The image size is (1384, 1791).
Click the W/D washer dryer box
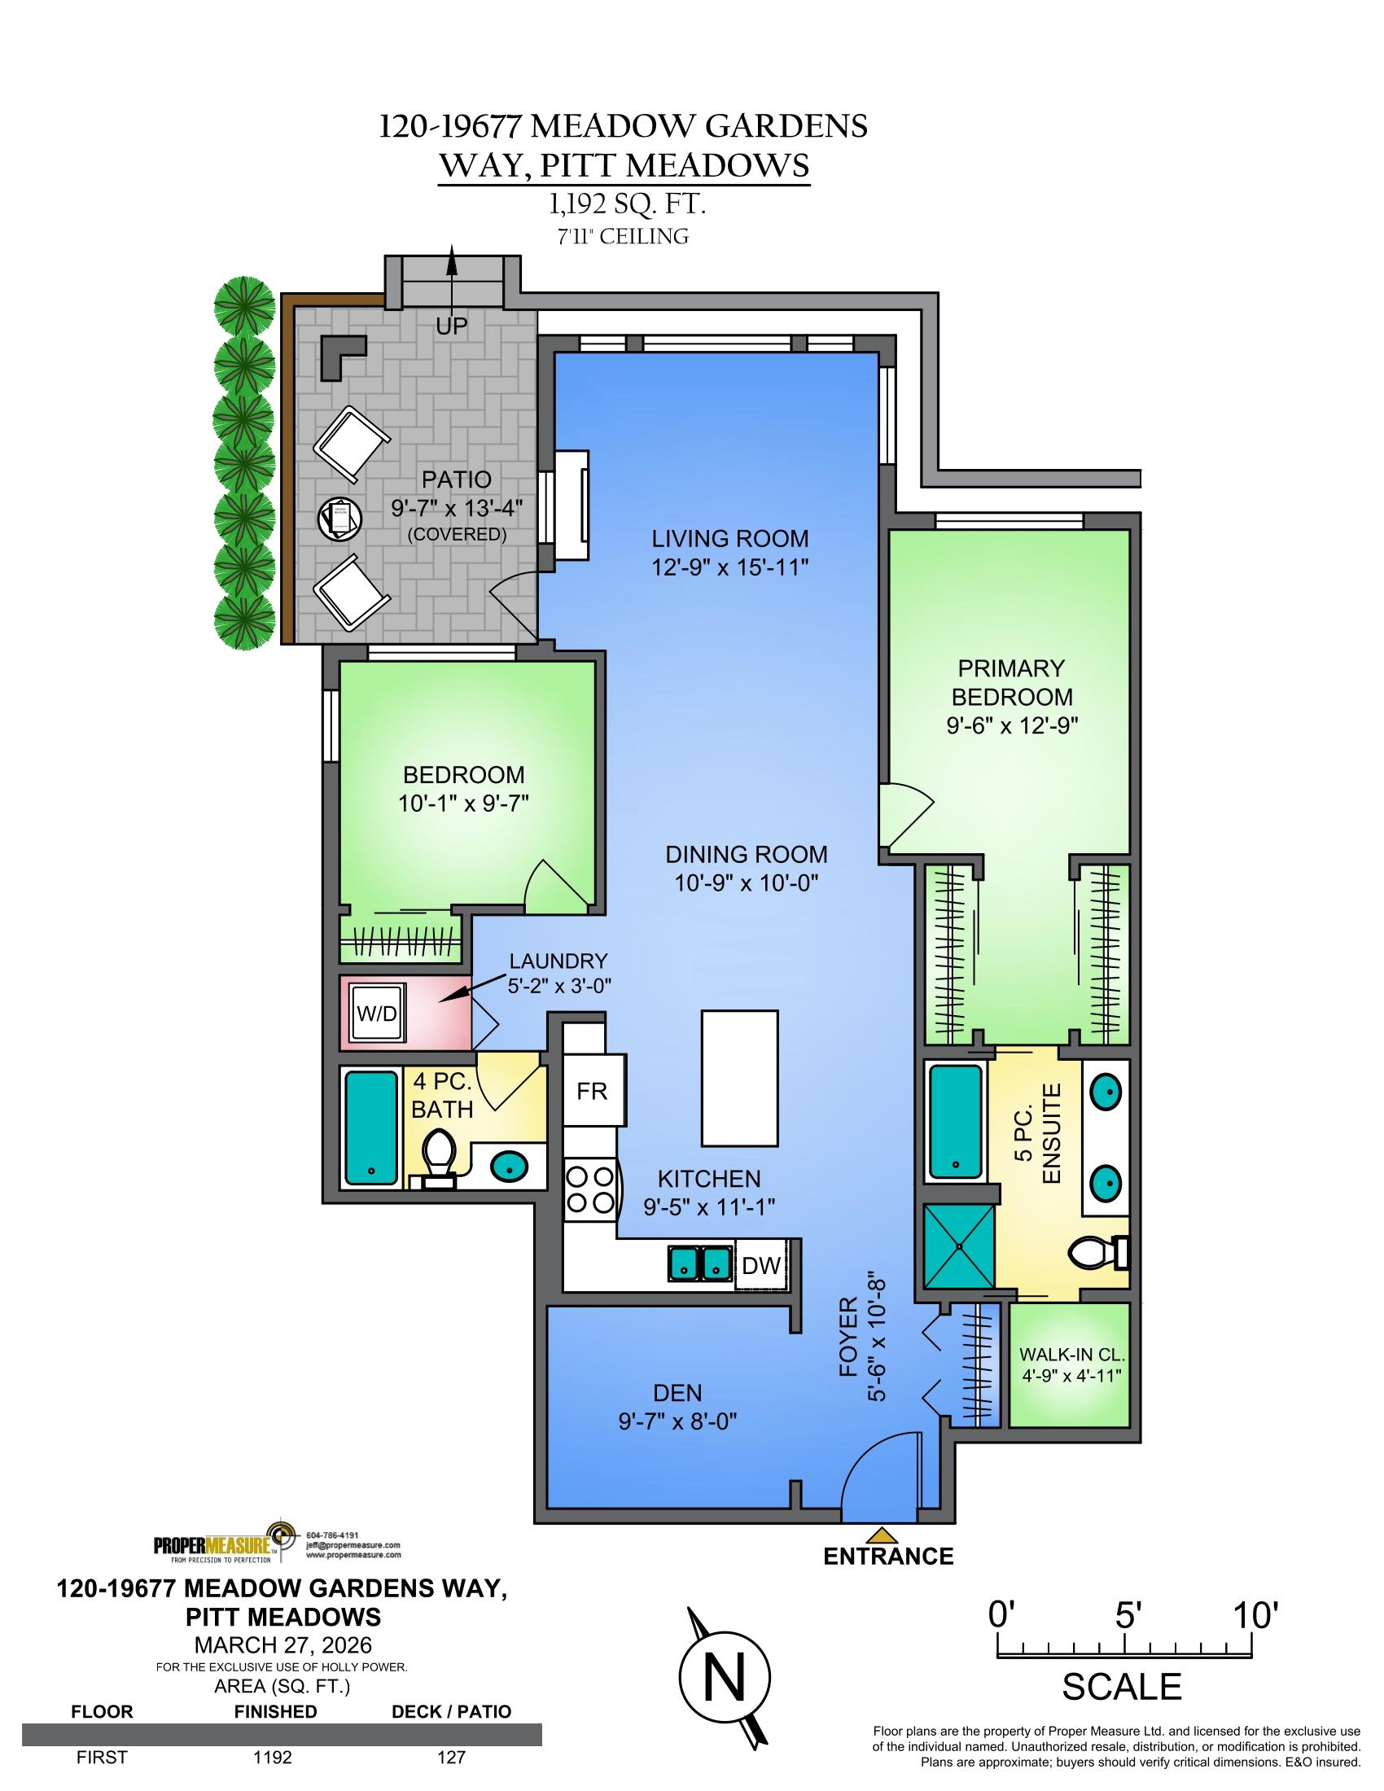tap(376, 1014)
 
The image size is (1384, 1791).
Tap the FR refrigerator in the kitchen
tap(593, 1091)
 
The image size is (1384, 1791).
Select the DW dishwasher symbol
tap(761, 1265)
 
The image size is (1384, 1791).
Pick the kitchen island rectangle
tap(739, 1078)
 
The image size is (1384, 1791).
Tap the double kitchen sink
tap(700, 1263)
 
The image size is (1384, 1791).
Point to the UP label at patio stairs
tap(451, 326)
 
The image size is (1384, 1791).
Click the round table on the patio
tap(339, 519)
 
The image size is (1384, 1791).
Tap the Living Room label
tap(729, 539)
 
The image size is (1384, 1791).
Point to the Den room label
tap(678, 1392)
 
